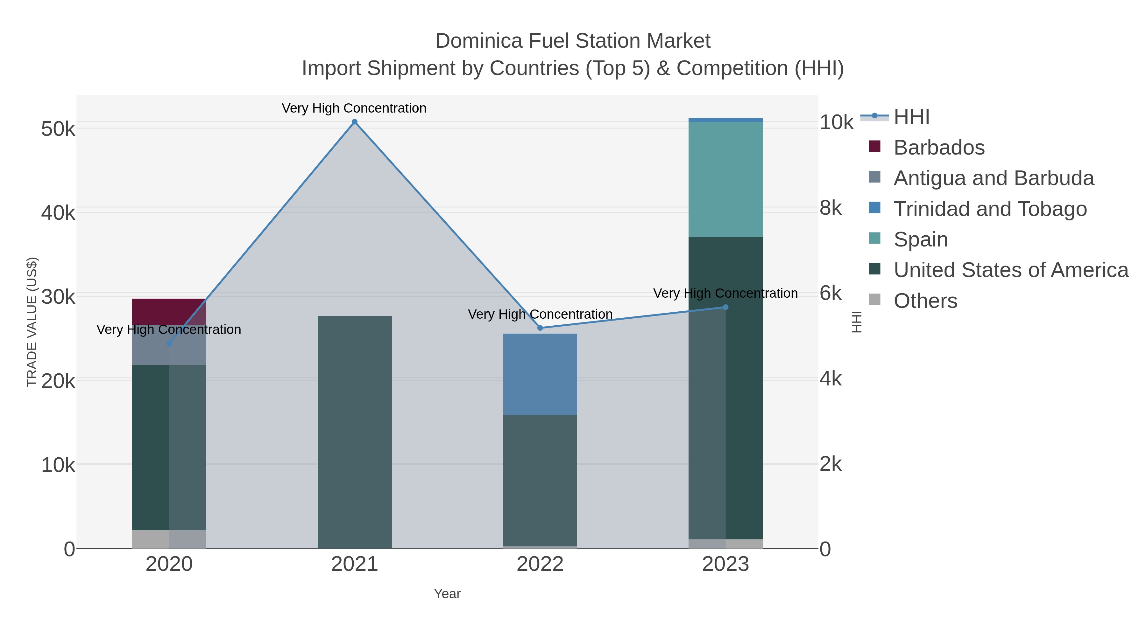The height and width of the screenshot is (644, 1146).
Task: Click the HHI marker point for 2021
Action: click(355, 122)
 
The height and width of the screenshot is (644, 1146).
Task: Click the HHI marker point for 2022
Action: click(540, 328)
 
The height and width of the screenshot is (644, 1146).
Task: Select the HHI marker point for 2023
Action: click(725, 307)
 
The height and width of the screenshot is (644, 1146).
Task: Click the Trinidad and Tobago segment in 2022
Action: click(540, 374)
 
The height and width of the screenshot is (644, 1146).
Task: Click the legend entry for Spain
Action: click(920, 239)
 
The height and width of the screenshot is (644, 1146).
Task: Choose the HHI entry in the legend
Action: click(912, 117)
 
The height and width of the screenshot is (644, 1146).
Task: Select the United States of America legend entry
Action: click(1010, 270)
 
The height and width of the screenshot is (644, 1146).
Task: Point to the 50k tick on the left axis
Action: click(58, 129)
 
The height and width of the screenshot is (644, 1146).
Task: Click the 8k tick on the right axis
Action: click(831, 208)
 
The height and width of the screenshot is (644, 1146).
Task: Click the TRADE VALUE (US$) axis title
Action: click(32, 322)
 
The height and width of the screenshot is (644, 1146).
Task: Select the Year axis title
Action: click(447, 594)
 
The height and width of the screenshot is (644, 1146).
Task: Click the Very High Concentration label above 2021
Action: click(354, 108)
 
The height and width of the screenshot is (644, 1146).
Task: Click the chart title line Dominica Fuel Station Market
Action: click(573, 41)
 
